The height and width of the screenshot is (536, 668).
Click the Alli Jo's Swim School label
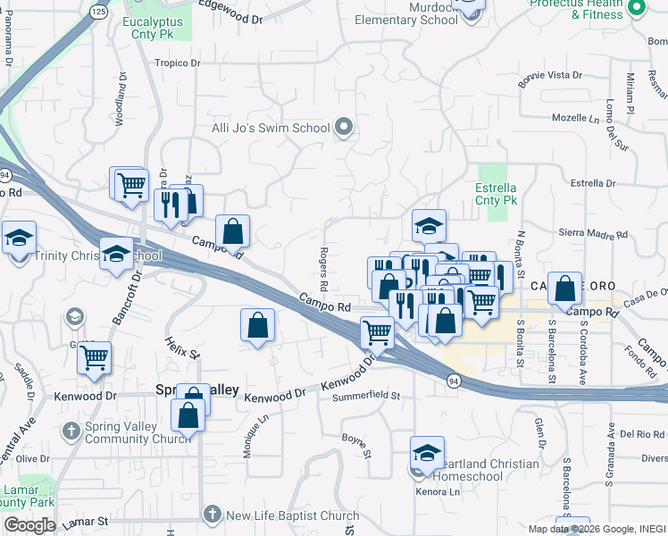coord(271,128)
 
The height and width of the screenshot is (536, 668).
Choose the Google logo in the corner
coord(29,525)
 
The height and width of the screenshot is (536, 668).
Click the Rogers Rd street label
coord(324,268)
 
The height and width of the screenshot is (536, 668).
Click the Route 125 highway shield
coord(98,11)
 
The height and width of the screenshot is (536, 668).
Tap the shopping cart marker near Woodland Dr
coord(131,185)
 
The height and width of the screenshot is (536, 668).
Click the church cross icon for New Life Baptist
coord(212,514)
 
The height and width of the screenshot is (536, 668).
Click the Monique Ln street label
coord(251,437)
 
